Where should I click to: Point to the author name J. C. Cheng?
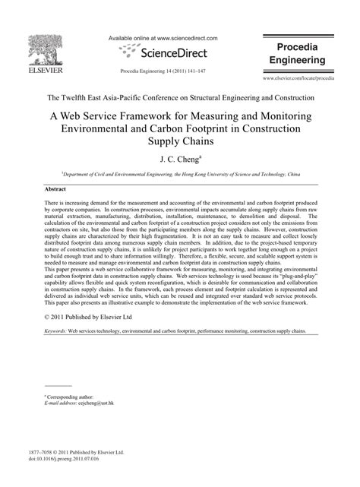180,160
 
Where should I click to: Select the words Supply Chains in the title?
180,141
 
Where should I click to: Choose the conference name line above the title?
180,97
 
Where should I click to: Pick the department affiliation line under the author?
180,173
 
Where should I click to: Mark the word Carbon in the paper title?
196,129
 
